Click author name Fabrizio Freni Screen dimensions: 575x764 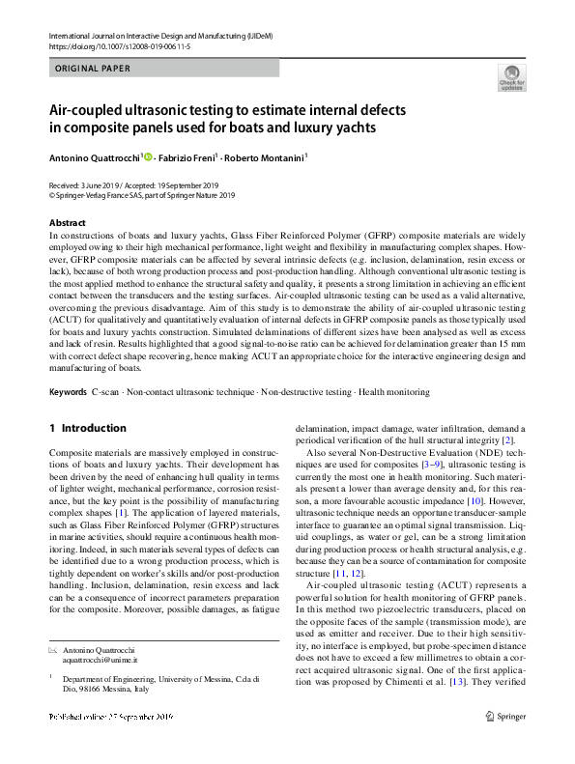pyautogui.click(x=188, y=157)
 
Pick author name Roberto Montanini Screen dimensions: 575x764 pyautogui.click(x=268, y=157)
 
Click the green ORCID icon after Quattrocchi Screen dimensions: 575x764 pyautogui.click(x=148, y=156)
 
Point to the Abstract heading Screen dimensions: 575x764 pyautogui.click(x=66, y=223)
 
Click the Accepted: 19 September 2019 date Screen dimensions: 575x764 pyautogui.click(x=172, y=184)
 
